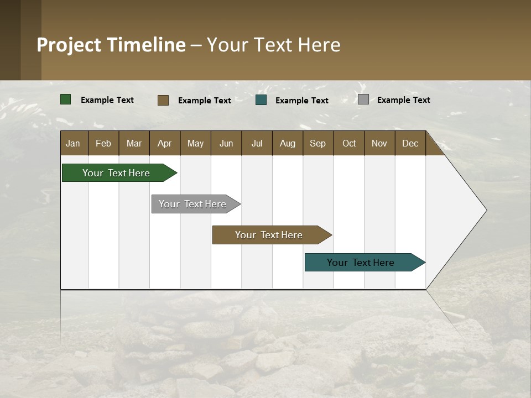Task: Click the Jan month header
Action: point(74,143)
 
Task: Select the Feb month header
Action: point(103,143)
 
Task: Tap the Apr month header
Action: point(165,143)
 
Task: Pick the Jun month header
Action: point(226,143)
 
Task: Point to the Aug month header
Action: point(288,143)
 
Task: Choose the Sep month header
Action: point(318,143)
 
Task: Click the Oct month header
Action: point(349,143)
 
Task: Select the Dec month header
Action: point(410,143)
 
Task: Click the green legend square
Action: point(66,99)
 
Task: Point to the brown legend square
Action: point(163,100)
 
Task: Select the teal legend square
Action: point(261,100)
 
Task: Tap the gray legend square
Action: point(363,99)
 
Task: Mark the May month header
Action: point(195,143)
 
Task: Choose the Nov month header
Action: point(379,143)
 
